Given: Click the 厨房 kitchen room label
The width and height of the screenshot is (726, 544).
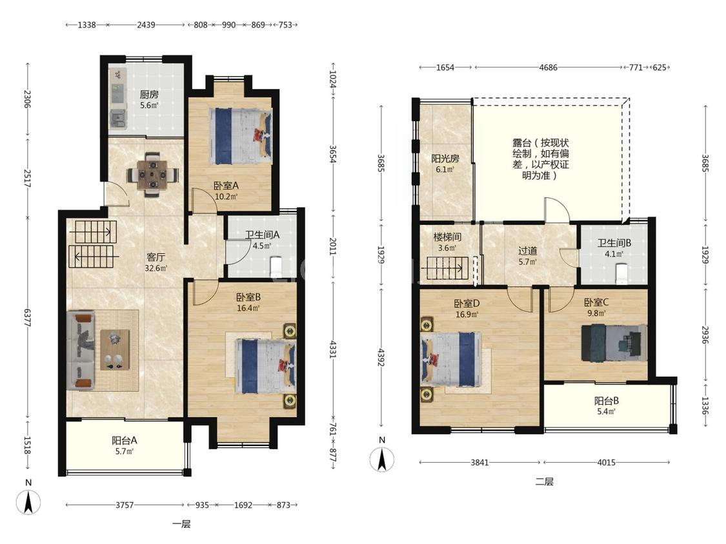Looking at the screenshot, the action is pos(149,94).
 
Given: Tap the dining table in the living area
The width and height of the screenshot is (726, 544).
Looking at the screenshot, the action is pos(152,175).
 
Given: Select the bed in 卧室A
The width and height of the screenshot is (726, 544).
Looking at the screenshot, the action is pos(240,136).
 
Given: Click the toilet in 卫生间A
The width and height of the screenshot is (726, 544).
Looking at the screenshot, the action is pos(276,267).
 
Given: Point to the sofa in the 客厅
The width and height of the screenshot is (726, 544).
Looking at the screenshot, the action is pos(81,350).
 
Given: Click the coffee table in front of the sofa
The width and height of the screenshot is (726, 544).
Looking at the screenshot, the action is pos(115,349).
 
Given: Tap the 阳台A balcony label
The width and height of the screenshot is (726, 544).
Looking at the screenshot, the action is pos(125,440).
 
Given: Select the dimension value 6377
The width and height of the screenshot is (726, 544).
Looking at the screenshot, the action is pos(27,318).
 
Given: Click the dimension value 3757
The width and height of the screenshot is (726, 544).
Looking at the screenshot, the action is pos(125,505).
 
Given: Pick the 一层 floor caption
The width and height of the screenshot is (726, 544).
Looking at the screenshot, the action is pos(181,524).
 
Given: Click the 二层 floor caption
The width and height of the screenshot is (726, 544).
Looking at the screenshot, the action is pos(545,481).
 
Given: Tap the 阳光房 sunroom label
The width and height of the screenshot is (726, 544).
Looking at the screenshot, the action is pos(445,159).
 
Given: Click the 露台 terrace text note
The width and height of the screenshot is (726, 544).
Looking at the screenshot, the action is pos(540,159).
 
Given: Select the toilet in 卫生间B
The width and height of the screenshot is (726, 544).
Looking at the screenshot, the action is pos(621,273).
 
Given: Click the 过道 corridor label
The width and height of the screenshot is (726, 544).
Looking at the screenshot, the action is pos(527,251).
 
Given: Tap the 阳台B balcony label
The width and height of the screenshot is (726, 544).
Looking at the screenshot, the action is pos(607,401).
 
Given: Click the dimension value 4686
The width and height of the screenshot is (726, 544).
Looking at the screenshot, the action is pos(548,68).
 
